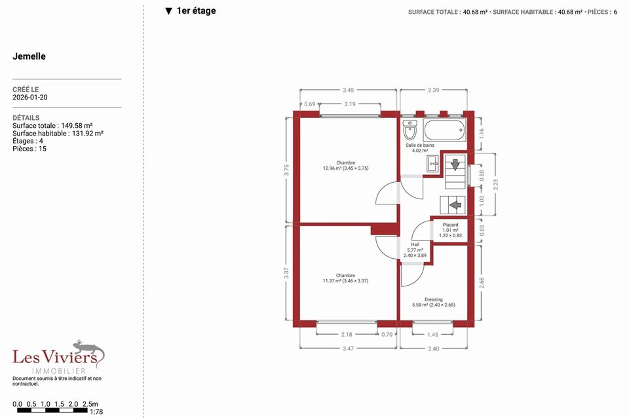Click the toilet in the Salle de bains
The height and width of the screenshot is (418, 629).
pos(410,130)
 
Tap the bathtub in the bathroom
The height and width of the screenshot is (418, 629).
pos(444,130)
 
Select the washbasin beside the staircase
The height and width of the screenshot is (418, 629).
pos(432,164)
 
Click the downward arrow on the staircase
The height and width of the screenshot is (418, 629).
pos(455,164)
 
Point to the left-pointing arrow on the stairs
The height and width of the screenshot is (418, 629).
pos(455,205)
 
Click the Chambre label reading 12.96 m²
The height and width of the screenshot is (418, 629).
pos(346,166)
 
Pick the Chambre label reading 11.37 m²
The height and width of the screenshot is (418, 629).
pos(346,278)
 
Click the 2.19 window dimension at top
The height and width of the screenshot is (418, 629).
pos(350,104)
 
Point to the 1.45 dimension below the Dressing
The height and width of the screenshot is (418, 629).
pos(432,335)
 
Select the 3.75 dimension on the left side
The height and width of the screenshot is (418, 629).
pos(286,170)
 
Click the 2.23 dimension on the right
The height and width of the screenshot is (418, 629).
pos(495,185)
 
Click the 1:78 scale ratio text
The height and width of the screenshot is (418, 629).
pos(96,412)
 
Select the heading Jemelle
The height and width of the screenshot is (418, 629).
pos(29,56)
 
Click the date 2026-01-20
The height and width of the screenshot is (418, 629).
pos(30,97)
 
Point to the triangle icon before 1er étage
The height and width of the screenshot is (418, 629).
pos(168,11)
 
